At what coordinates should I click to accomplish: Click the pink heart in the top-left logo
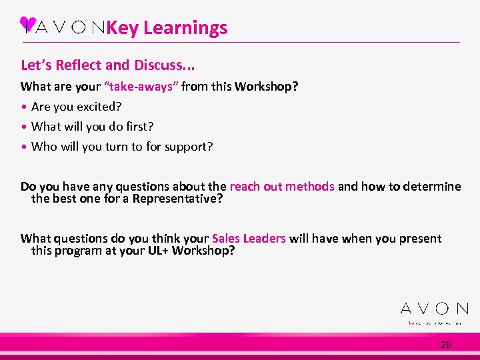[x=28, y=24]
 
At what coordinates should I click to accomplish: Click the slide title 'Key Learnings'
[x=167, y=28]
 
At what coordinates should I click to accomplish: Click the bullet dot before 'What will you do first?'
[x=24, y=127]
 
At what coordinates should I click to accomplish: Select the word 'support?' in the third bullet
[x=188, y=146]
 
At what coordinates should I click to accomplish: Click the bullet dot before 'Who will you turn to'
[x=24, y=147]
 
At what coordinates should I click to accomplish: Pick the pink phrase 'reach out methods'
[x=282, y=187]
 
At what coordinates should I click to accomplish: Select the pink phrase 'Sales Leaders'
[x=249, y=239]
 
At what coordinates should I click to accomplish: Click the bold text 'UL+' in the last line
[x=158, y=250]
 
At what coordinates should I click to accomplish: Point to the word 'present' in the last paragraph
[x=421, y=239]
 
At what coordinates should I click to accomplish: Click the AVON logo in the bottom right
[x=434, y=309]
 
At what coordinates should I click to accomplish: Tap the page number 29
[x=446, y=345]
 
